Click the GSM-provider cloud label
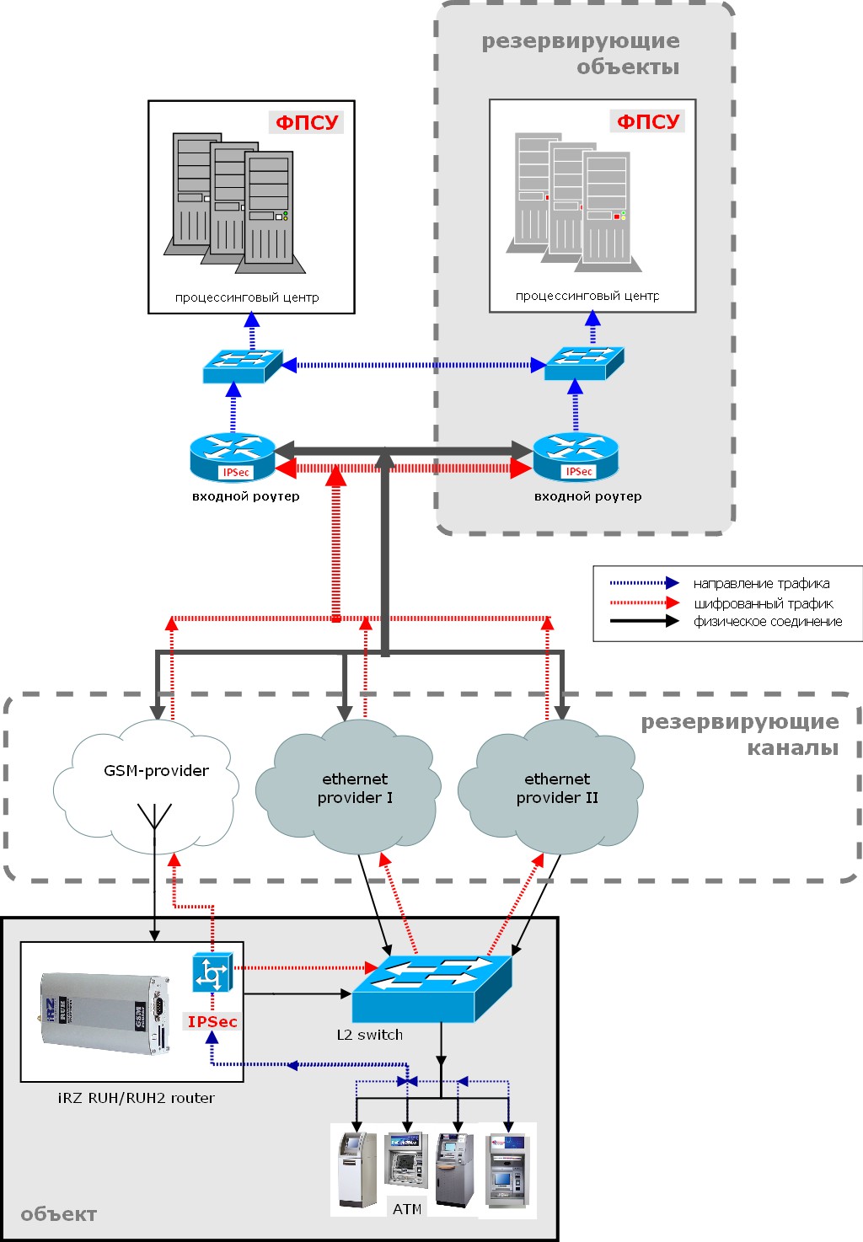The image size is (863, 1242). click(x=156, y=771)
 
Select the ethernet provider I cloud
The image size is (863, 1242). click(x=348, y=787)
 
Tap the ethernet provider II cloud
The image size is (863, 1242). click(x=550, y=787)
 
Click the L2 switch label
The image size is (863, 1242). click(x=369, y=1035)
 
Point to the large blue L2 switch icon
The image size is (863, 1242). click(x=431, y=988)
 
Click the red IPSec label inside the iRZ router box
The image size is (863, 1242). click(x=212, y=1022)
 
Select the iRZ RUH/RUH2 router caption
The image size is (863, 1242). click(x=136, y=1098)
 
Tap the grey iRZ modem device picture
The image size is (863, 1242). click(x=105, y=1013)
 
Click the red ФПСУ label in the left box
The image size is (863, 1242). click(x=307, y=122)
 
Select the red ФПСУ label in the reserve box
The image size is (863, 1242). click(x=648, y=121)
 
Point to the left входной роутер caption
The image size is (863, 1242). click(x=246, y=496)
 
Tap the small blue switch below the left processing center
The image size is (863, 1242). click(x=243, y=366)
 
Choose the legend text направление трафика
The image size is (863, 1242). click(x=762, y=583)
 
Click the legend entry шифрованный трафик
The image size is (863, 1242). click(x=764, y=603)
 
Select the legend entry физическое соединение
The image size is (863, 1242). click(x=768, y=622)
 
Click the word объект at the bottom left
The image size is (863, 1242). click(x=59, y=1214)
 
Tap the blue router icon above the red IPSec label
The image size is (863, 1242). click(x=212, y=972)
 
